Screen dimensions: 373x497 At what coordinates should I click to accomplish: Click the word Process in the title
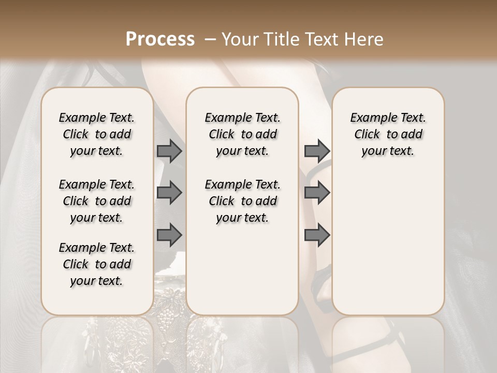(160, 39)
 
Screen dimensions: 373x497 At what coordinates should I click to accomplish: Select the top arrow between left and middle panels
(169, 151)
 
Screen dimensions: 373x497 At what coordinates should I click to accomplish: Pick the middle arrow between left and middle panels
(169, 193)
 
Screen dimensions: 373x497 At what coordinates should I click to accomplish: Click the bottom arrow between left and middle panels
(169, 235)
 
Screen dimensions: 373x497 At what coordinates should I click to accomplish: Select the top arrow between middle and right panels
(317, 151)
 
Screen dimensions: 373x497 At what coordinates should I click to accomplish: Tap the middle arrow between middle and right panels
(317, 193)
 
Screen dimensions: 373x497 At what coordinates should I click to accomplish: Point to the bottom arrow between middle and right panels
(317, 235)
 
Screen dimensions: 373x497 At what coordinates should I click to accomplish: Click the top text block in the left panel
(97, 134)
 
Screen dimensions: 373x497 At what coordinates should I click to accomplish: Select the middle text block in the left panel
(97, 201)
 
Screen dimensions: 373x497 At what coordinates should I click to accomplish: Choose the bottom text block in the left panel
(97, 264)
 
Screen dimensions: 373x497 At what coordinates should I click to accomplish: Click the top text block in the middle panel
(242, 134)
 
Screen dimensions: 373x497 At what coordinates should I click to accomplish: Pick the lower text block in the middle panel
(242, 201)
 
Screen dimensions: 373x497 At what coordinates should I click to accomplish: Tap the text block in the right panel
(388, 134)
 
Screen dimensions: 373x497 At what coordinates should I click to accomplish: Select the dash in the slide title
(210, 39)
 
